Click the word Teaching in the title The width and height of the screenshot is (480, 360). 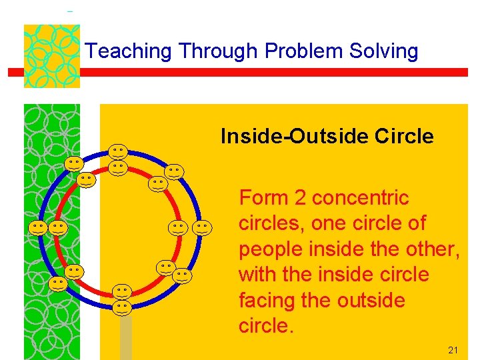click(x=129, y=51)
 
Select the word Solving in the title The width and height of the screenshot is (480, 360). click(x=386, y=51)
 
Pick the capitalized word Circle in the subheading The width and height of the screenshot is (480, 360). click(x=404, y=137)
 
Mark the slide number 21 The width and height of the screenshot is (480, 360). click(x=453, y=349)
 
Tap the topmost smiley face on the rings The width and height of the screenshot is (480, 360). click(x=119, y=151)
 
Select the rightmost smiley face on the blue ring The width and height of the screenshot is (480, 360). click(x=203, y=228)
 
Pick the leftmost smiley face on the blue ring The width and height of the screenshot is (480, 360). click(x=38, y=228)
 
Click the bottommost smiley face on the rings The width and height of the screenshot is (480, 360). click(x=121, y=307)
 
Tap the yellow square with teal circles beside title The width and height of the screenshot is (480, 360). click(x=51, y=56)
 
